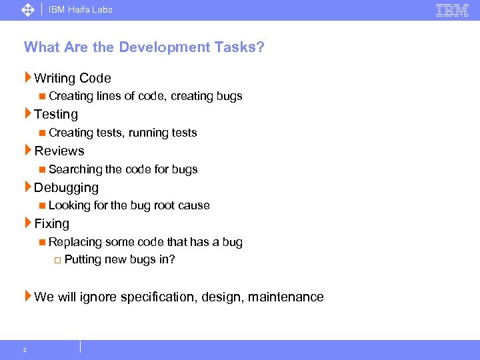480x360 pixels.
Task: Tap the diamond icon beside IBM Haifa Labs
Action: pos(28,10)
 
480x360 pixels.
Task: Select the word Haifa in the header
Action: pos(77,10)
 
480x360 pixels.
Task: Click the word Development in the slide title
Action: pos(153,47)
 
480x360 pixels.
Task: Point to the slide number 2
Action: pos(25,350)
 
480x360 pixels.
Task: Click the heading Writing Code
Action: pos(72,78)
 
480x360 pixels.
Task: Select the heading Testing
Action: pos(56,115)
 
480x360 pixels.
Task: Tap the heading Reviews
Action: pos(59,151)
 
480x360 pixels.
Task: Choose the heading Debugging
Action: pos(66,187)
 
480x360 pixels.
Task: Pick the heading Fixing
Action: pos(51,224)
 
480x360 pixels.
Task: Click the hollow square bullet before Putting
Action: pos(57,260)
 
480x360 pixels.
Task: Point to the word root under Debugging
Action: pos(165,205)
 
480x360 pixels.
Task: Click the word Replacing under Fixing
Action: pos(75,242)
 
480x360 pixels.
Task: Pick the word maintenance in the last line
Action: pos(286,297)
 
